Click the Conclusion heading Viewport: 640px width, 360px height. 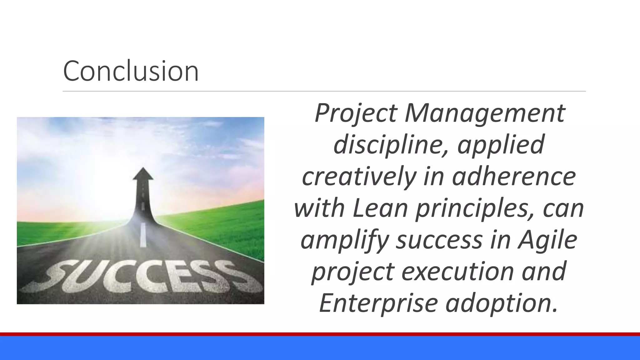[131, 71]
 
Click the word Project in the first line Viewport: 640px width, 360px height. [356, 113]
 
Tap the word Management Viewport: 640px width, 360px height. [485, 113]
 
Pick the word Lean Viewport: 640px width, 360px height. [380, 208]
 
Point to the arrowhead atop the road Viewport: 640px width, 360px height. [143, 174]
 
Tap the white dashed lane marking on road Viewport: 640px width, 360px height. [143, 234]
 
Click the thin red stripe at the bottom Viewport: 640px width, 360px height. [320, 334]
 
